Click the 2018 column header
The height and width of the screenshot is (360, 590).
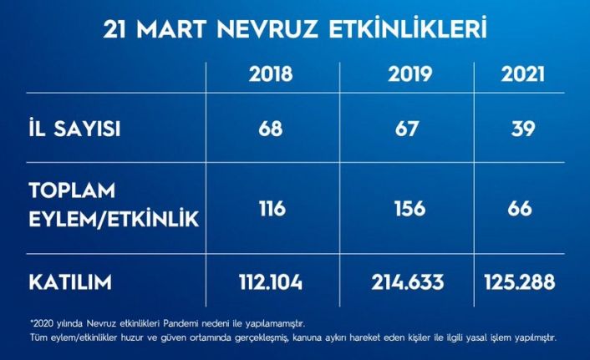click(x=271, y=74)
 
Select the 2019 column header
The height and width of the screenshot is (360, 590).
click(x=409, y=74)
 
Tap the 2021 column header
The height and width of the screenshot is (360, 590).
click(x=524, y=74)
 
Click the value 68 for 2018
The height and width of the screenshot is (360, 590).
click(x=271, y=129)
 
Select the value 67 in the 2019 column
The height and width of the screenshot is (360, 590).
click(x=409, y=129)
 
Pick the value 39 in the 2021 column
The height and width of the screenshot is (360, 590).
click(x=524, y=129)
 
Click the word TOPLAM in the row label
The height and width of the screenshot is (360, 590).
click(x=74, y=193)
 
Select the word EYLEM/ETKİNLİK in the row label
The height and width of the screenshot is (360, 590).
click(x=114, y=221)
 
